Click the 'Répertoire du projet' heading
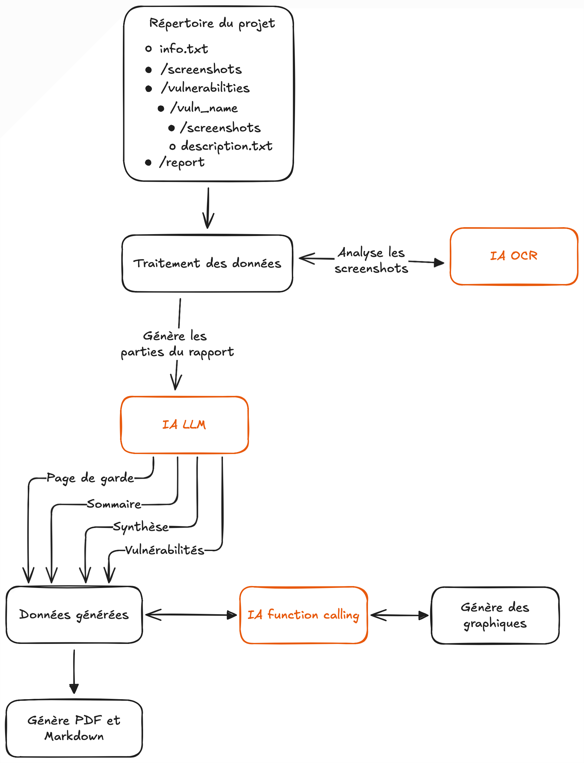pyautogui.click(x=212, y=23)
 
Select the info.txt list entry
pyautogui.click(x=183, y=49)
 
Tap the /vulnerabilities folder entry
pyautogui.click(x=205, y=88)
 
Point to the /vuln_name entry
pyautogui.click(x=204, y=108)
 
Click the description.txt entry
pyautogui.click(x=226, y=146)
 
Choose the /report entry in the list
pyautogui.click(x=182, y=162)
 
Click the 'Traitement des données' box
pyautogui.click(x=207, y=263)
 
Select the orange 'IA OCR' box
pyautogui.click(x=514, y=256)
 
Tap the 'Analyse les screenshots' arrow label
pyautogui.click(x=371, y=260)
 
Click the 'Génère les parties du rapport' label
pyautogui.click(x=177, y=344)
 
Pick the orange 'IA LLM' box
pyautogui.click(x=184, y=425)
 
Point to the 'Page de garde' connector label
pyautogui.click(x=90, y=478)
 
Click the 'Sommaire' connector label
pyautogui.click(x=114, y=504)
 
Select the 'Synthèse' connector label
pyautogui.click(x=141, y=527)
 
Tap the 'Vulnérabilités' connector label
pyautogui.click(x=165, y=550)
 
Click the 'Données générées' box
pyautogui.click(x=74, y=615)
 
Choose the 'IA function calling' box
pyautogui.click(x=304, y=615)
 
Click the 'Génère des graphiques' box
pyautogui.click(x=495, y=615)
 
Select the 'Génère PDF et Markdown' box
pyautogui.click(x=74, y=728)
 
